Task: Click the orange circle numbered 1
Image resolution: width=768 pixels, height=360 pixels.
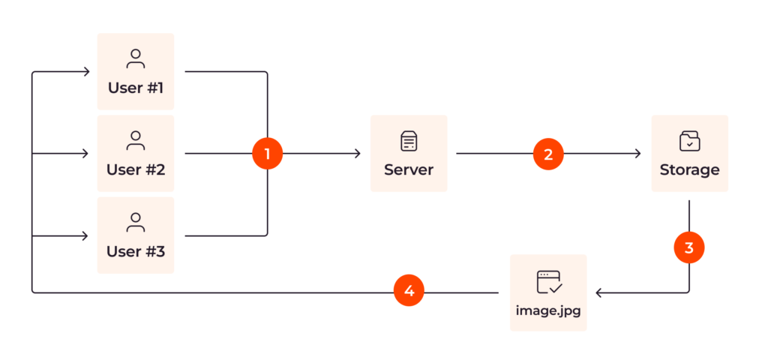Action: coord(267,154)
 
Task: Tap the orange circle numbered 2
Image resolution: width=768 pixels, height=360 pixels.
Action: coord(548,154)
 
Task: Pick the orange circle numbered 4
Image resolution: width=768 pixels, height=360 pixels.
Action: coord(409,292)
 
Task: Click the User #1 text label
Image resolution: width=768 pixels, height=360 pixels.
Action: coord(136,88)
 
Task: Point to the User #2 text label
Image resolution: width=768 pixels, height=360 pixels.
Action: coord(136,169)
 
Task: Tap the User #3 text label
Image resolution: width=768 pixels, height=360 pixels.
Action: coord(136,251)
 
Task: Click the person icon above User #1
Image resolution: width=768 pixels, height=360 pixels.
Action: coord(136,59)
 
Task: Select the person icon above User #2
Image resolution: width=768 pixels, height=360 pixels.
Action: coord(136,140)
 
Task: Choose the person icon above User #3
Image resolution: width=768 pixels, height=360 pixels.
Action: coord(136,222)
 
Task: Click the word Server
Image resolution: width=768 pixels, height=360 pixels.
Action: coord(409,169)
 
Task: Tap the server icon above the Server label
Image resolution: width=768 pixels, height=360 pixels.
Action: coord(409,140)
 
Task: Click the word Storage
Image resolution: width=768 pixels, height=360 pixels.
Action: coord(689,169)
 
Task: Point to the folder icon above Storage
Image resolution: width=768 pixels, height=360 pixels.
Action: coord(689,140)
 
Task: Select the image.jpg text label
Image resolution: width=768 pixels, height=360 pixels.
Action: coord(548,309)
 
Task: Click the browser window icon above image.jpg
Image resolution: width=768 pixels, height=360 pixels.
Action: coord(548,281)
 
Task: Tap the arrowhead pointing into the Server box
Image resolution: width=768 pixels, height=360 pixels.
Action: coord(357,154)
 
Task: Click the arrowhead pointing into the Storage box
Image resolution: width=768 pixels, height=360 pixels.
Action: coord(637,154)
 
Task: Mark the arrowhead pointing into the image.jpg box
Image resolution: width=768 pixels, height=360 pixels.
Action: coord(598,292)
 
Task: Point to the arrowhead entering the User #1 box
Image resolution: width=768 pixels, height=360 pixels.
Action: coord(86,72)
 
